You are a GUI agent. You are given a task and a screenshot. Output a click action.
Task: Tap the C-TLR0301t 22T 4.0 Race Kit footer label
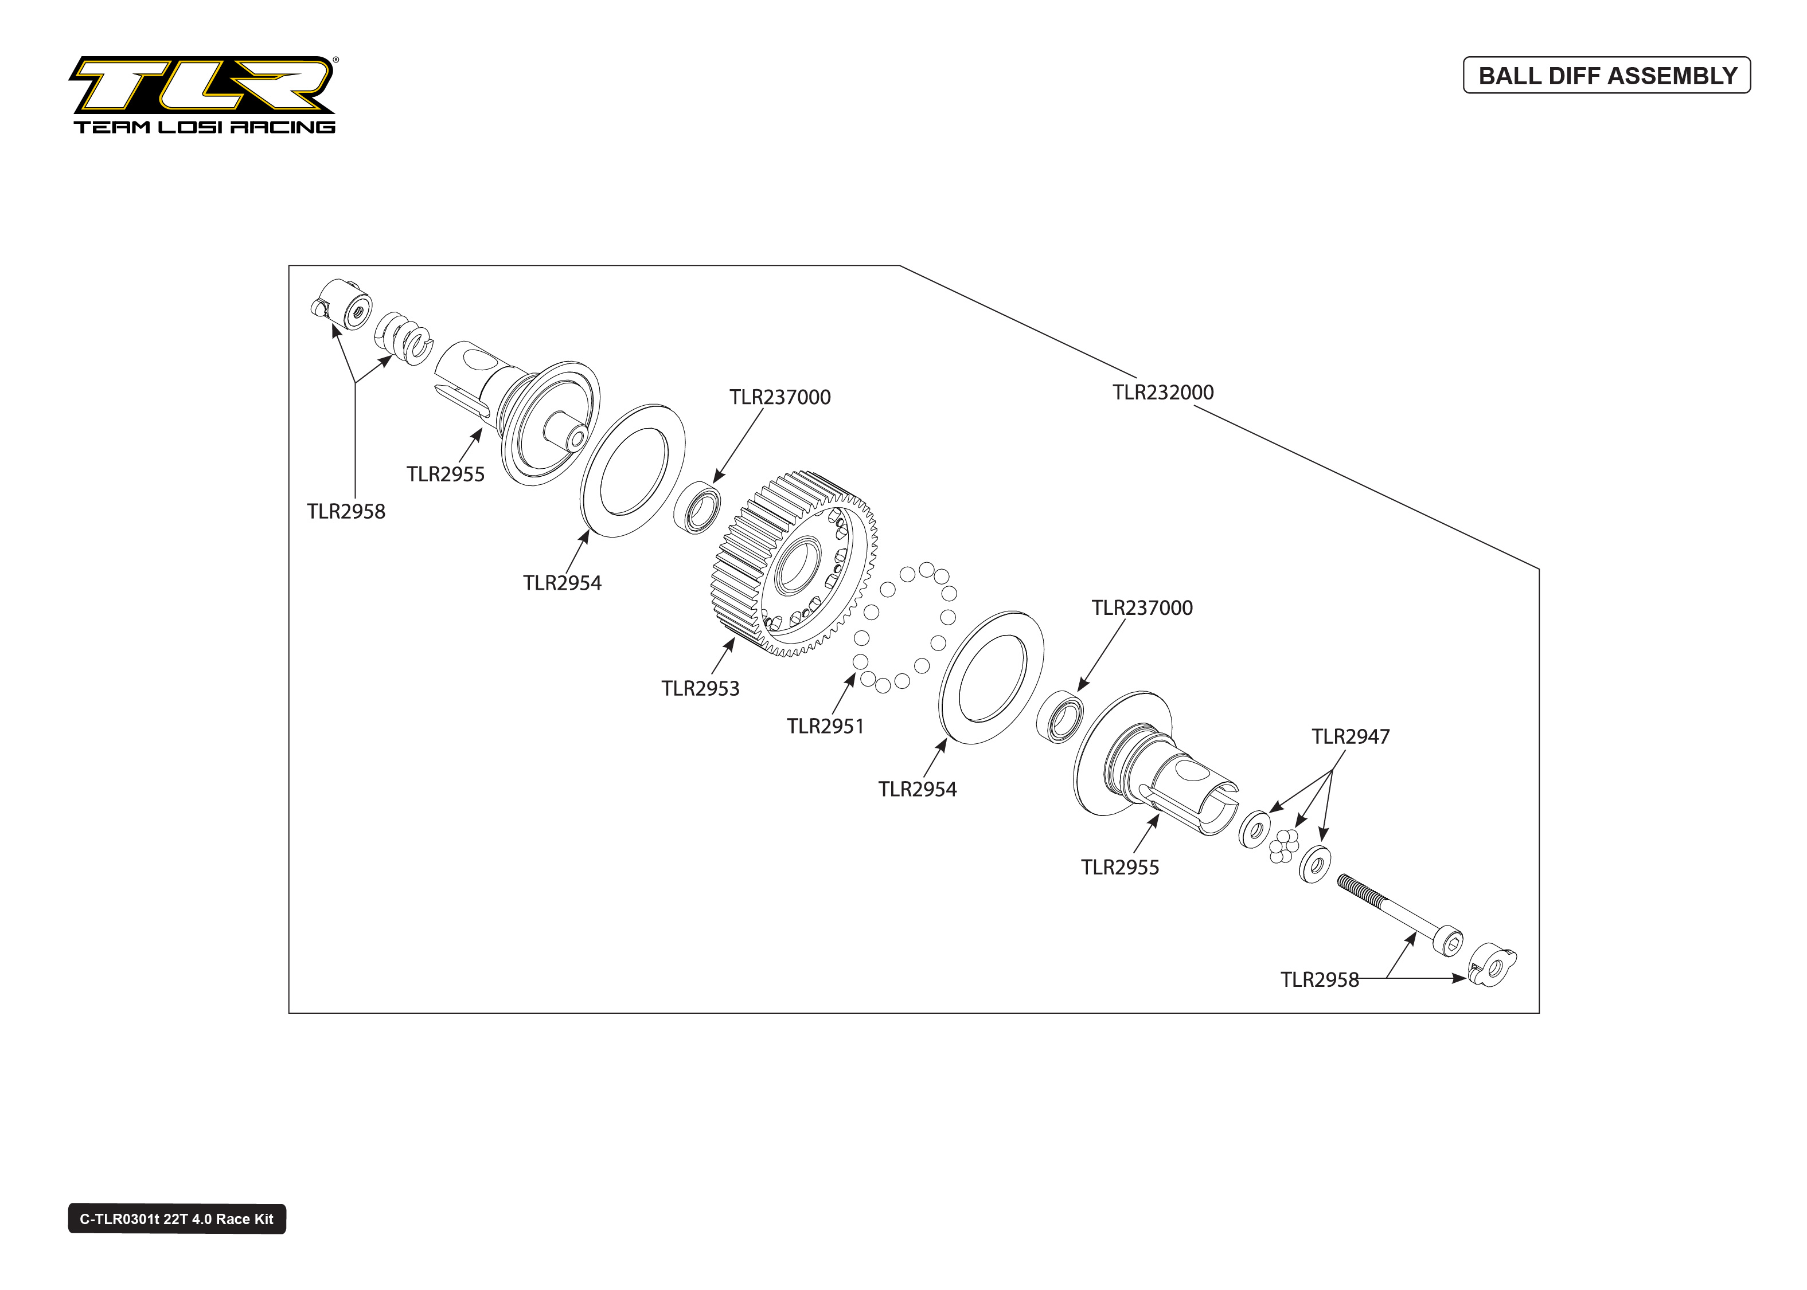177,1218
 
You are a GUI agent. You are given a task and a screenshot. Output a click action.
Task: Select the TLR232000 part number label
1162,393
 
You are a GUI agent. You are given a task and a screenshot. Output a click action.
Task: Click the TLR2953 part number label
700,689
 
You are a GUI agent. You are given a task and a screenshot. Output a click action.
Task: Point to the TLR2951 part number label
825,726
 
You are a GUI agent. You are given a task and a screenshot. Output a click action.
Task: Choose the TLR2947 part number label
1350,736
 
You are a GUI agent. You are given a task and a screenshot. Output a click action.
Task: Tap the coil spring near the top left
404,338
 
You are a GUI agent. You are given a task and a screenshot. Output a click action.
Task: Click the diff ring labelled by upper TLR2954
633,470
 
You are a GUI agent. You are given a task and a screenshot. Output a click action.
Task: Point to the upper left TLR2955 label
445,474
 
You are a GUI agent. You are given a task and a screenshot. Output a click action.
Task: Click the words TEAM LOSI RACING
204,127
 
